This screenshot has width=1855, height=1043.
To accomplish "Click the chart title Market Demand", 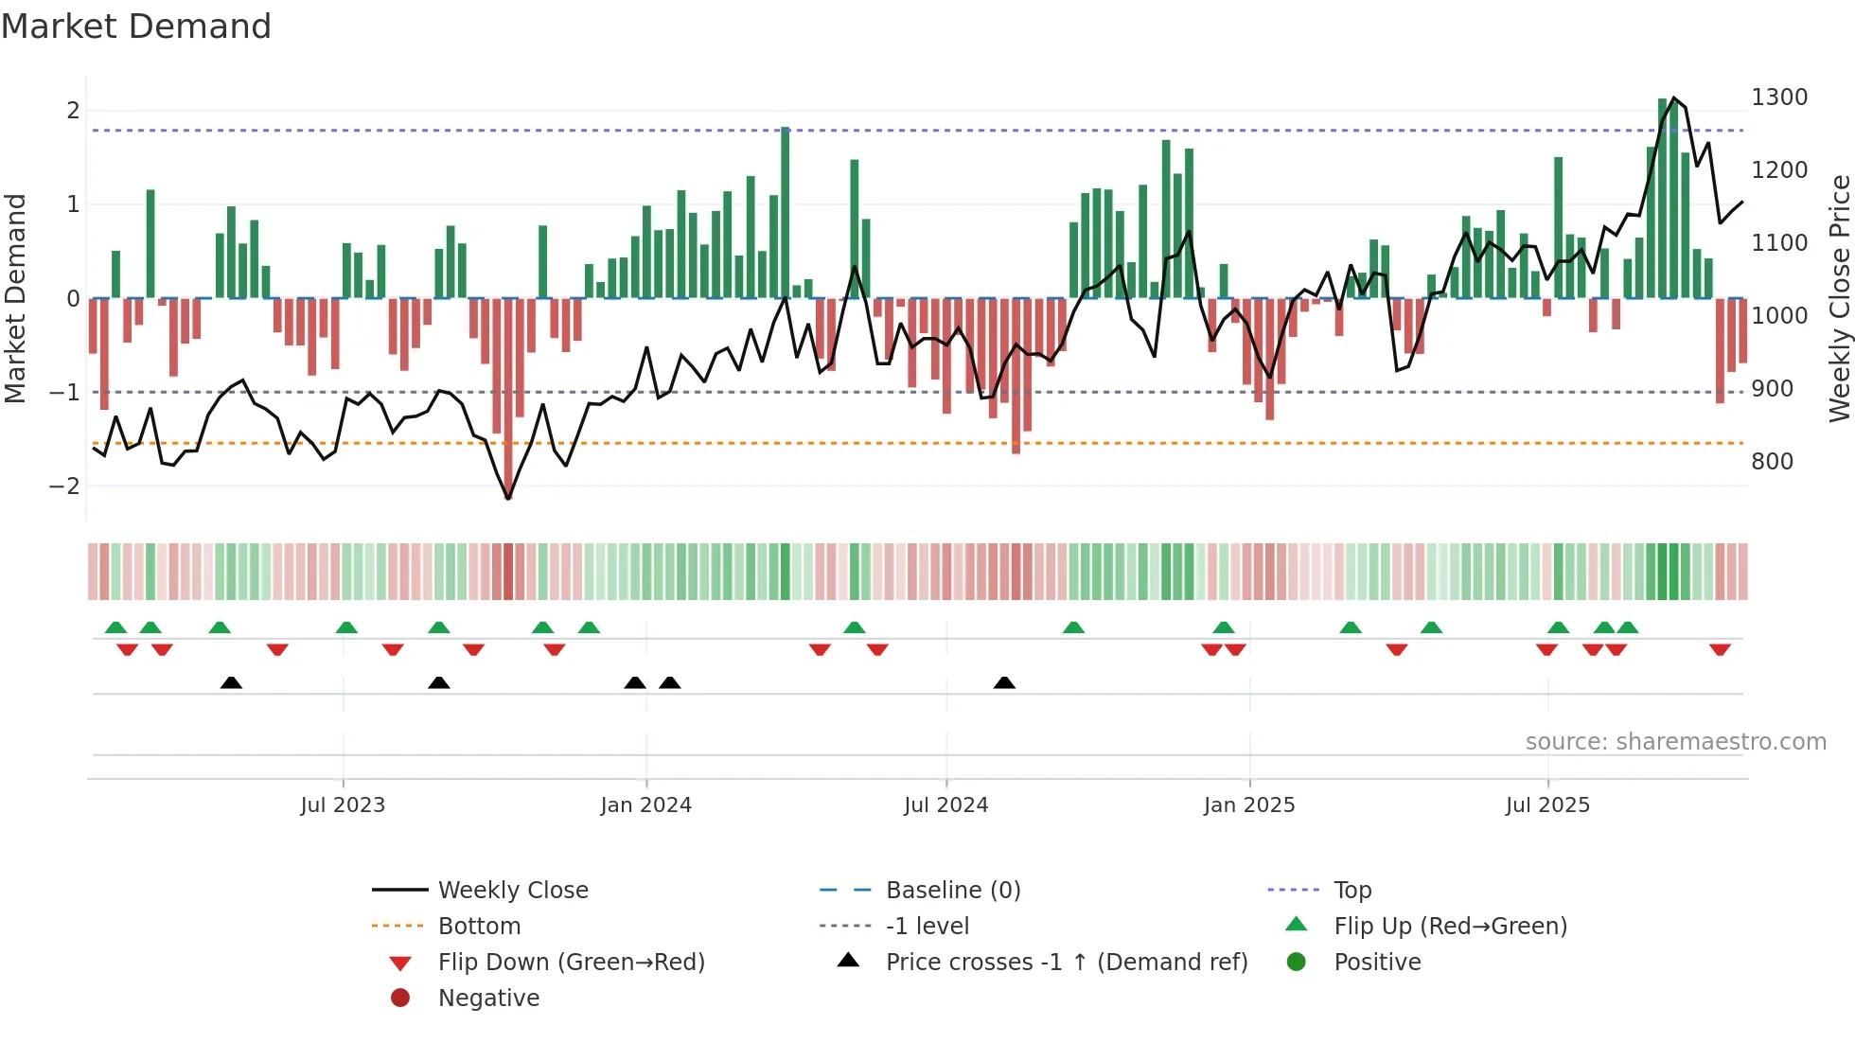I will click(x=136, y=27).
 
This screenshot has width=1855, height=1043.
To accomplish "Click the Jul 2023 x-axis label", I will click(x=343, y=805).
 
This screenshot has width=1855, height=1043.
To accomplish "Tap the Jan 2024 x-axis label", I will click(x=646, y=805).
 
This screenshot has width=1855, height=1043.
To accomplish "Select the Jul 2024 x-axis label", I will click(x=945, y=805).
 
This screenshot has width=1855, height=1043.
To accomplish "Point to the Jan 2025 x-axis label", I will click(x=1249, y=805).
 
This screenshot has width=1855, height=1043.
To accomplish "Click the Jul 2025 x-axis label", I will click(x=1547, y=805).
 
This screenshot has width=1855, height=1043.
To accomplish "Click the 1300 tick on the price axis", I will click(x=1779, y=97).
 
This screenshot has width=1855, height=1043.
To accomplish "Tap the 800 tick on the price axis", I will click(x=1772, y=462).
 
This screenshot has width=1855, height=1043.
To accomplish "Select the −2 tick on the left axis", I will click(x=64, y=486).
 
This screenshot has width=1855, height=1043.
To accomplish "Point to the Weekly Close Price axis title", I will click(x=1839, y=298).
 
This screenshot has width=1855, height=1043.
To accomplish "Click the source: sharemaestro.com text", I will click(x=1675, y=742).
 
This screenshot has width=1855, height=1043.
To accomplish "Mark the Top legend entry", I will click(x=1352, y=891).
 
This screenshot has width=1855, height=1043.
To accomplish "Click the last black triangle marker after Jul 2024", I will click(x=1004, y=682).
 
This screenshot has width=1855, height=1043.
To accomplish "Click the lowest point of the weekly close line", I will click(x=508, y=498).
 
